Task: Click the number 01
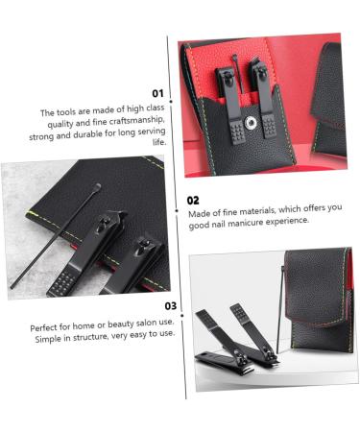158,94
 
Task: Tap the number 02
194,201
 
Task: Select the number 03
170,306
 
